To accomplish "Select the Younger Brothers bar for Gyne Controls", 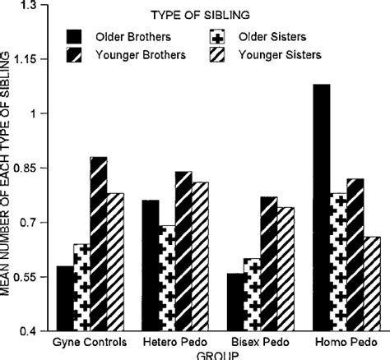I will (98, 244).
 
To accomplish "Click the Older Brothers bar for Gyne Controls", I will (63, 298).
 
